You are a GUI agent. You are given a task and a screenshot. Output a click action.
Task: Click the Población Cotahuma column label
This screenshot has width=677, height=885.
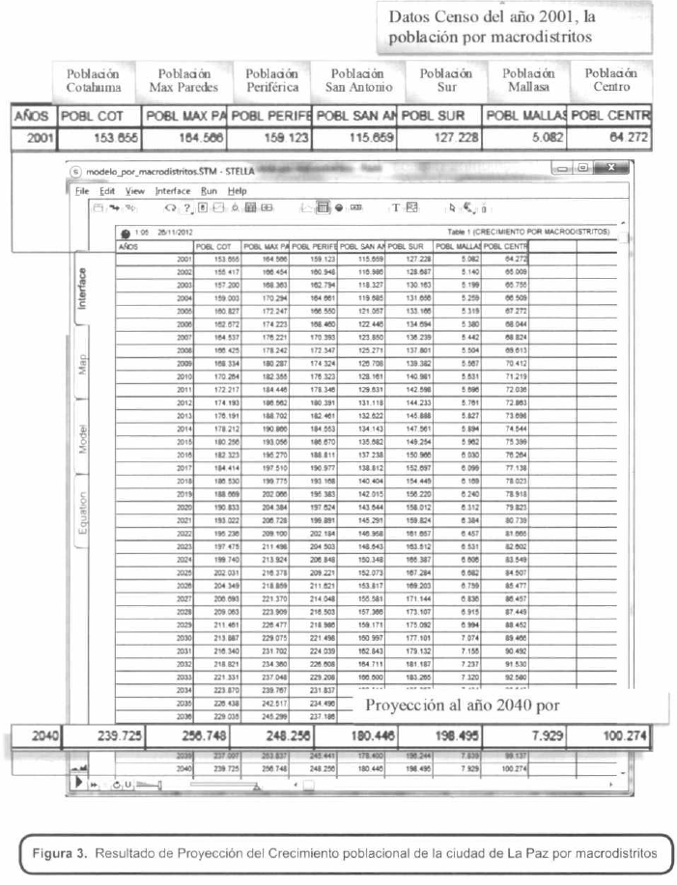pos(94,81)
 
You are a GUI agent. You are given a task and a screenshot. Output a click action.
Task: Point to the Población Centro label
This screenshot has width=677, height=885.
pos(613,81)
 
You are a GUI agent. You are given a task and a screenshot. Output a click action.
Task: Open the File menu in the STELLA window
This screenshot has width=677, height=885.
pos(82,190)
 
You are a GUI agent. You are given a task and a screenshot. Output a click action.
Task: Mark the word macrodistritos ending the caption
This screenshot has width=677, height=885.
pos(609,853)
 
